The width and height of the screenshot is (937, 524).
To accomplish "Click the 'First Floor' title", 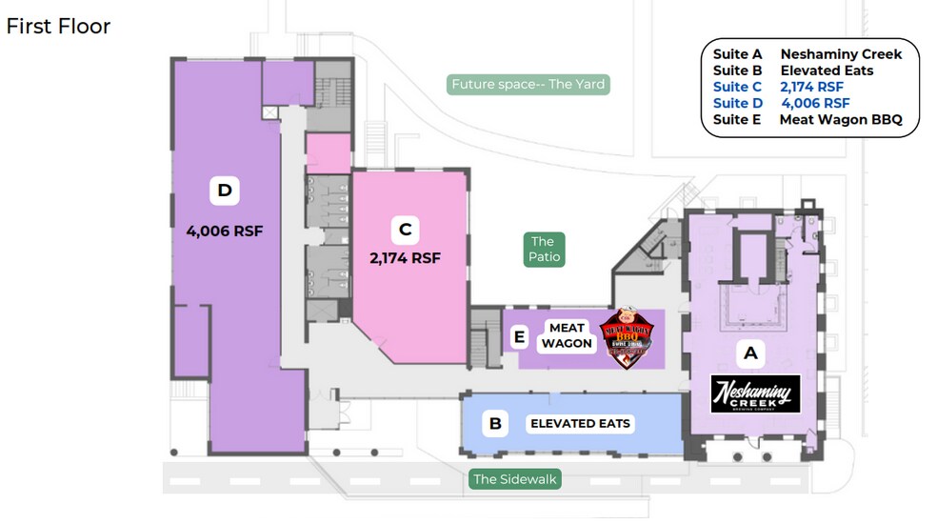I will click(58, 26).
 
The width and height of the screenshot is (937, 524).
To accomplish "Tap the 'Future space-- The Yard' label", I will click(528, 84).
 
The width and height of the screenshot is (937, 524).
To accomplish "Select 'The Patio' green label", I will click(542, 250).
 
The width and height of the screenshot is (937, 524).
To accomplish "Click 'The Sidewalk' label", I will click(514, 479).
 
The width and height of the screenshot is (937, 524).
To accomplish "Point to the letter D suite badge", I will click(225, 191).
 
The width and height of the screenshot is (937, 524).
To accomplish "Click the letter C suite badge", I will click(405, 229).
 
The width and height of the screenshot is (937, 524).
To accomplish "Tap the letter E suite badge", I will click(519, 335).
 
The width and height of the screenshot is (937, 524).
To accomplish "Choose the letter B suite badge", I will click(494, 423).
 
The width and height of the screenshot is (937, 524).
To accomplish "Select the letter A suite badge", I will click(750, 353).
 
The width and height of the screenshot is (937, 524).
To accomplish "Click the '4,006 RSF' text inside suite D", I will click(225, 230).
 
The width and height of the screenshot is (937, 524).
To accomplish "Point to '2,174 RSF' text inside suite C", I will click(405, 257).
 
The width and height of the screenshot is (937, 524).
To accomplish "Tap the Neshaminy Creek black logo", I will click(756, 393).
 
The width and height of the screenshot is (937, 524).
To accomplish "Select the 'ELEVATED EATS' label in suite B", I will click(580, 423).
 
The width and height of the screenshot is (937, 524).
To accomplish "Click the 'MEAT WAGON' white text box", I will click(568, 336).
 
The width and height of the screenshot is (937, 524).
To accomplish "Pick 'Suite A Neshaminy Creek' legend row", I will click(807, 54).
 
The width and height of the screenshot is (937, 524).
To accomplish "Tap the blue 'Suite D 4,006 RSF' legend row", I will click(781, 103).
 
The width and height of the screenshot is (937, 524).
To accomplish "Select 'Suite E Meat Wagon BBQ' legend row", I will click(814, 120).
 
